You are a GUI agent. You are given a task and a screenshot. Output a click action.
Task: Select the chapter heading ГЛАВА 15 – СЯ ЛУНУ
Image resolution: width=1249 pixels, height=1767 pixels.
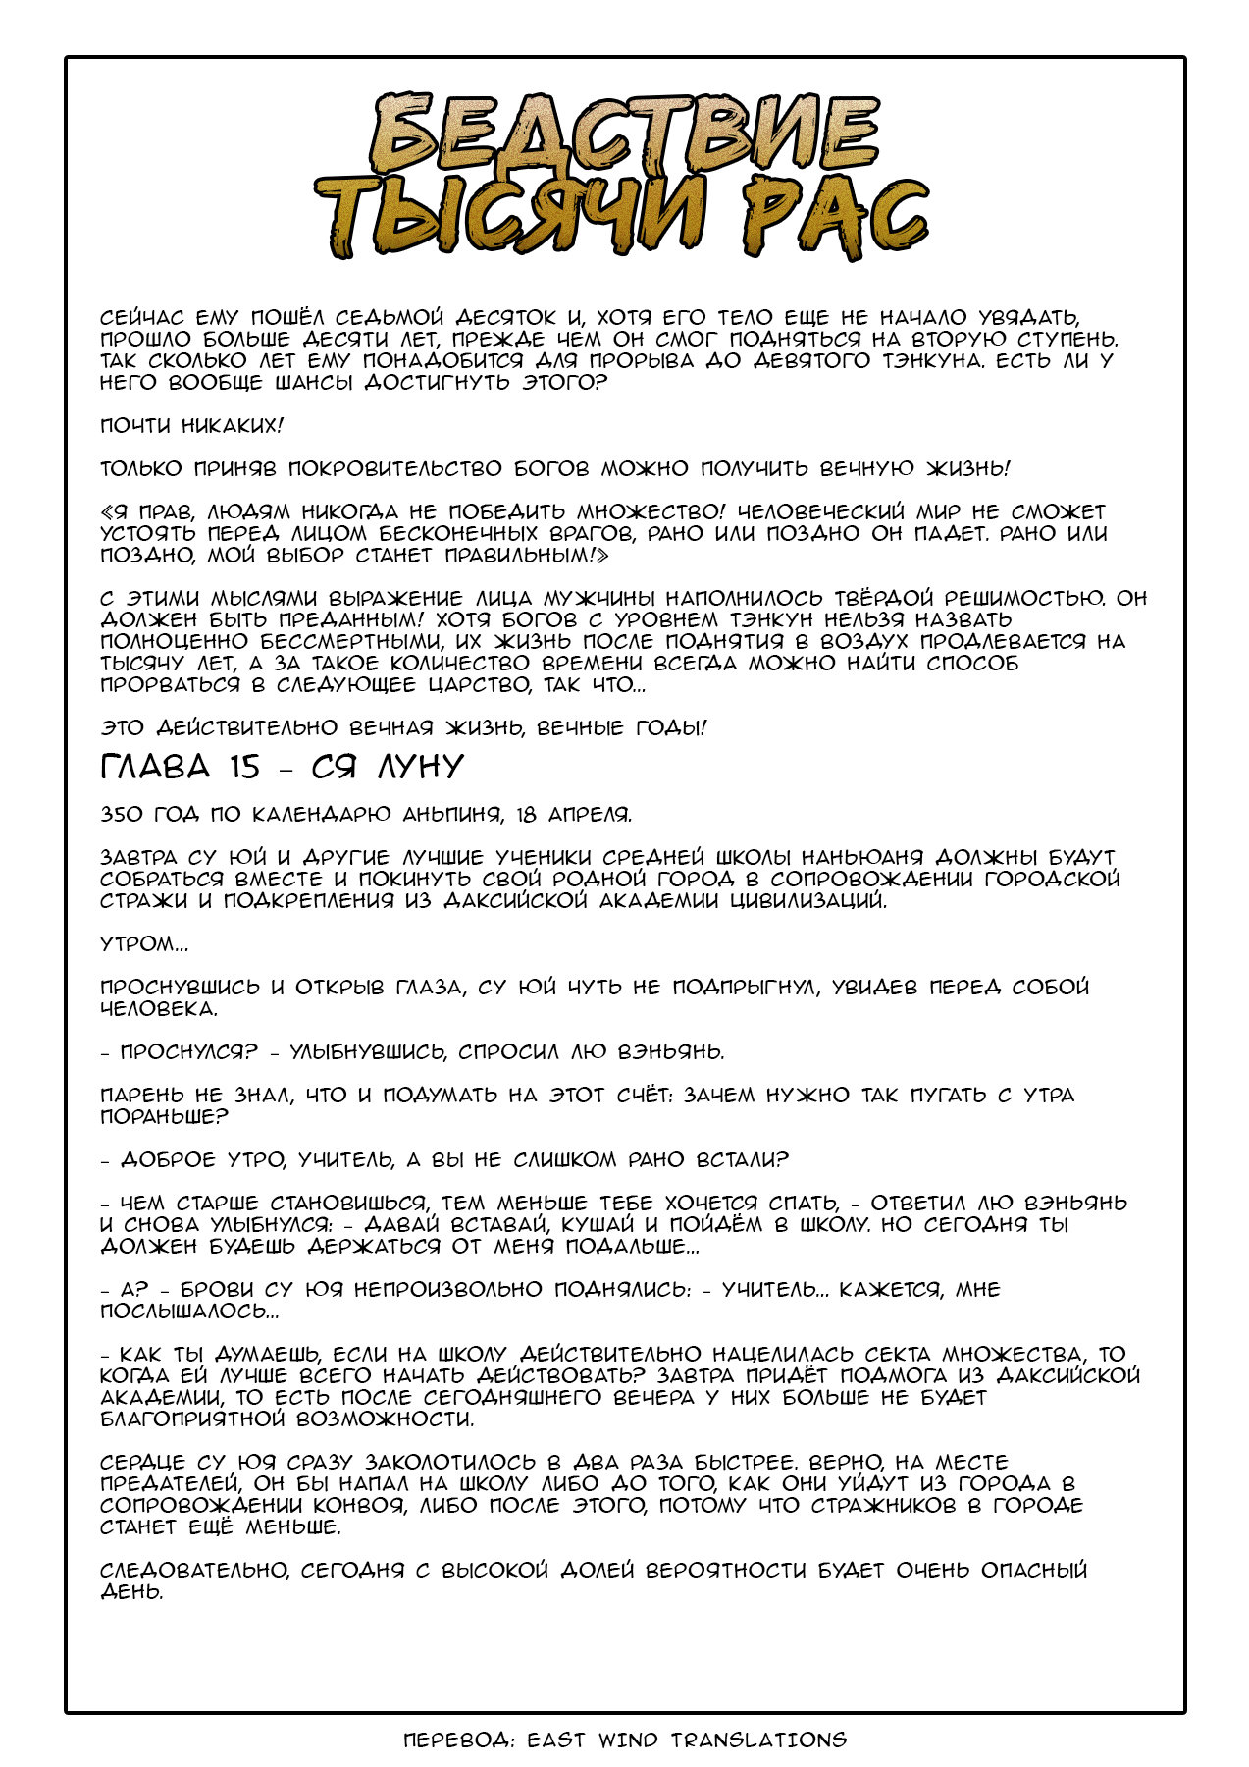click(282, 767)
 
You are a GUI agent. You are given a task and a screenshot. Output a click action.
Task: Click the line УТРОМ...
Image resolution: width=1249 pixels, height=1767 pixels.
click(143, 944)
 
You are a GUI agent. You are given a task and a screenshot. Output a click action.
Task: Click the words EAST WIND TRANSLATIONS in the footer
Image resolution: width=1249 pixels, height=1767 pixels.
click(686, 1740)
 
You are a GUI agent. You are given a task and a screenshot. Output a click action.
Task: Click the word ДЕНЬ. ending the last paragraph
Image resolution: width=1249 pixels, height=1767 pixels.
click(130, 1592)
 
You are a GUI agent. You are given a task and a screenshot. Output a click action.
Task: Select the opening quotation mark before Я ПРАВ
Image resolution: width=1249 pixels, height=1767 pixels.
click(107, 512)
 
